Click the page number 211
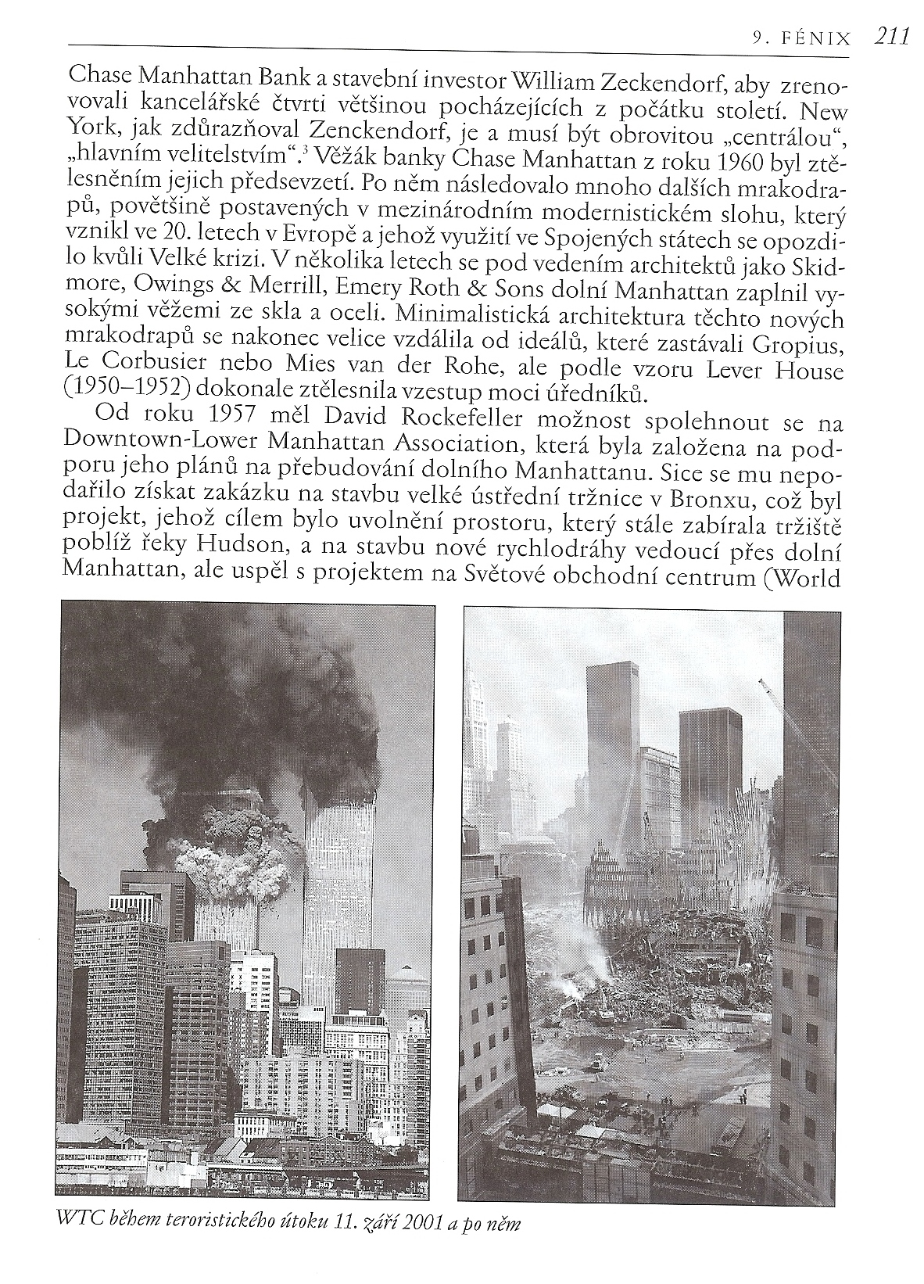[890, 36]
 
